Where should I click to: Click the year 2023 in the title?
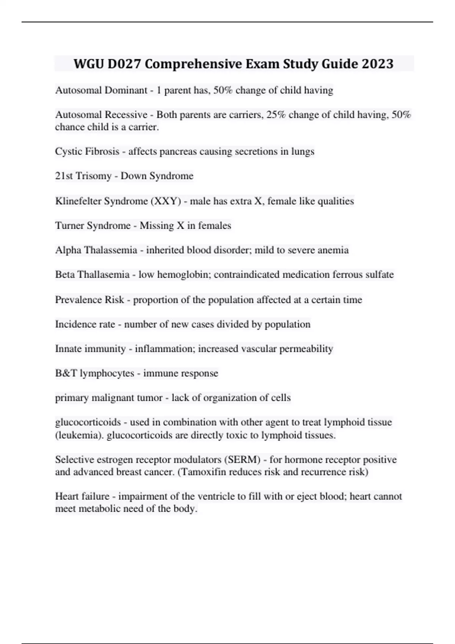tap(377, 64)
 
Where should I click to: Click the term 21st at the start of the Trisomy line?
tap(64, 176)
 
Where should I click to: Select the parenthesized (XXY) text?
tap(166, 201)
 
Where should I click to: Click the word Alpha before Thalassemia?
tap(68, 250)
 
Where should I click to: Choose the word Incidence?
tap(74, 324)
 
